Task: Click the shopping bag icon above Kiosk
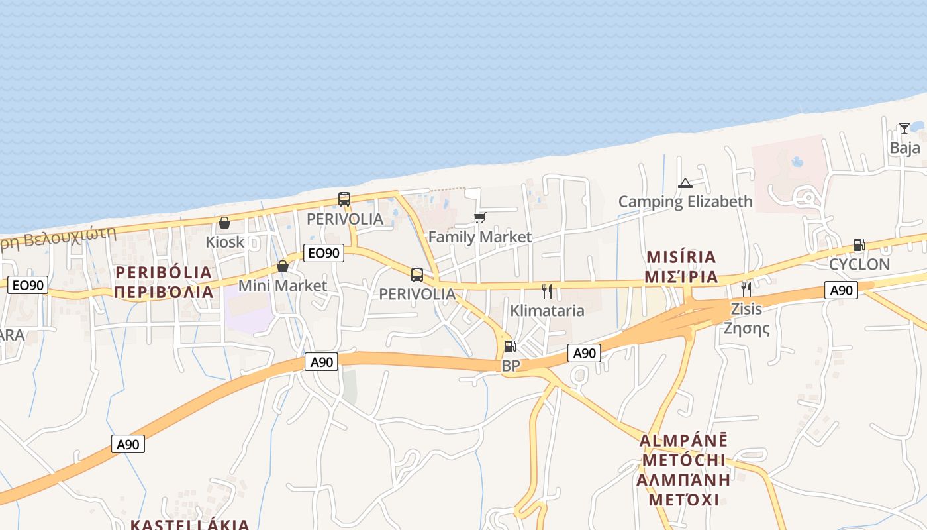coord(224,223)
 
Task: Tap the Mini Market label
coord(283,286)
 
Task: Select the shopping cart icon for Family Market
coord(480,217)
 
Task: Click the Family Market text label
coord(480,237)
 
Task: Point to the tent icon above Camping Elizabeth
coord(685,183)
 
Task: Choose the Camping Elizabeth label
coord(685,201)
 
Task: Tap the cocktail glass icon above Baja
coord(904,129)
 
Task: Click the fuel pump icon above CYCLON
coord(859,245)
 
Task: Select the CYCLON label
coord(859,264)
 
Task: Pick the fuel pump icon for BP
coord(510,346)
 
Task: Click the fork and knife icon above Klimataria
coord(547,291)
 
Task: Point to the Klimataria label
coord(547,311)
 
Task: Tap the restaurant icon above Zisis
coord(746,289)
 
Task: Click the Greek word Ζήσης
coord(746,328)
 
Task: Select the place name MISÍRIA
coord(681,257)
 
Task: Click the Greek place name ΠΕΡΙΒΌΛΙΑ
coord(164,291)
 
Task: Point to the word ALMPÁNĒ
coord(683,441)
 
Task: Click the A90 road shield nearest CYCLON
coord(841,290)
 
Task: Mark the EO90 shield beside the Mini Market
coord(324,252)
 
